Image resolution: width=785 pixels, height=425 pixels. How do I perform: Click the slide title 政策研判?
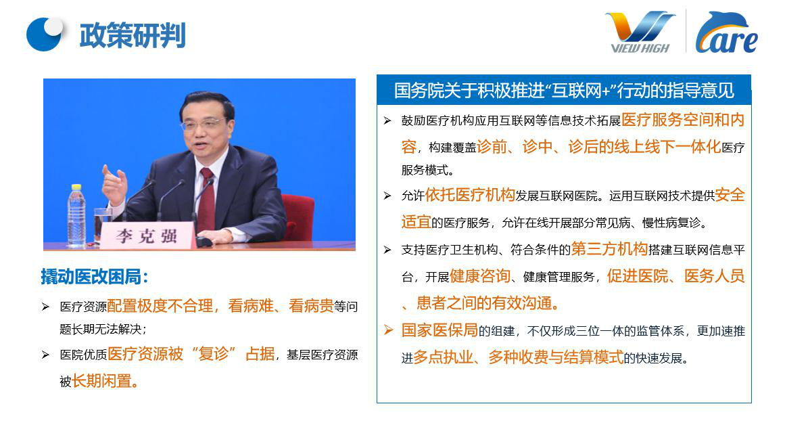(x=133, y=35)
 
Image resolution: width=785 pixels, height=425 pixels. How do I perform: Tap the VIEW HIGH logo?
(x=640, y=32)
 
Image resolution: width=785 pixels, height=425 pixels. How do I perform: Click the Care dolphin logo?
(x=726, y=32)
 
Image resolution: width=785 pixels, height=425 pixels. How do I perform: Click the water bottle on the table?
(x=76, y=215)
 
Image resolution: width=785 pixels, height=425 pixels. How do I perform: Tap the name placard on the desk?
(x=147, y=235)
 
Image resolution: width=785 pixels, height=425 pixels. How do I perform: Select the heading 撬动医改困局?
(x=95, y=277)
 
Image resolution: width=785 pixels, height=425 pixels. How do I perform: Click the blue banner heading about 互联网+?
(x=564, y=90)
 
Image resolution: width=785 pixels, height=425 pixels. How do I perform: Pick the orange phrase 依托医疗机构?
(x=470, y=195)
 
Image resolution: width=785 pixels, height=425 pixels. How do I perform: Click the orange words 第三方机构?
(x=609, y=249)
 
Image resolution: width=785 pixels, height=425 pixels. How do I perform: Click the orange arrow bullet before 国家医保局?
(x=389, y=330)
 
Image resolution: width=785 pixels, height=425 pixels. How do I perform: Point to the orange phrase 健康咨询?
(x=479, y=275)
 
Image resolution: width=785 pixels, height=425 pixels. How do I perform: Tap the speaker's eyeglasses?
(x=204, y=123)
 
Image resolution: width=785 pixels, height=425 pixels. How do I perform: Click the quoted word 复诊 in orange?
(x=214, y=354)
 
